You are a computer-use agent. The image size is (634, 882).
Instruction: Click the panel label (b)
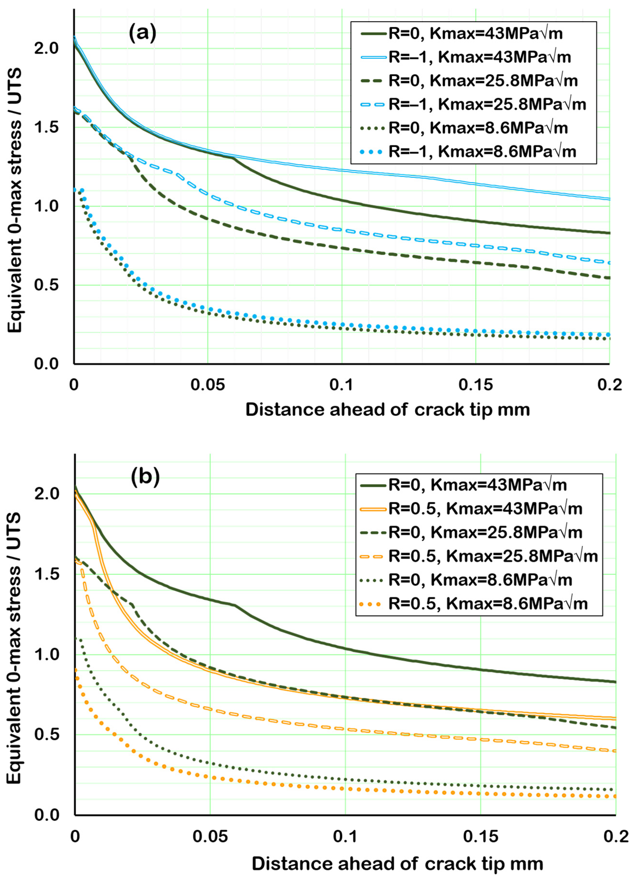145,477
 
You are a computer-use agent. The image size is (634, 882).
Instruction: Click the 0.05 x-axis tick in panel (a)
208,385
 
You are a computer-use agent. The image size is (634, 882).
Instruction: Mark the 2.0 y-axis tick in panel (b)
47,493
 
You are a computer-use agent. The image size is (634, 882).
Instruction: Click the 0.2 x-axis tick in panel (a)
609,385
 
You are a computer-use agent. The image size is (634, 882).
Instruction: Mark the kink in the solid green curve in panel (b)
235,605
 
